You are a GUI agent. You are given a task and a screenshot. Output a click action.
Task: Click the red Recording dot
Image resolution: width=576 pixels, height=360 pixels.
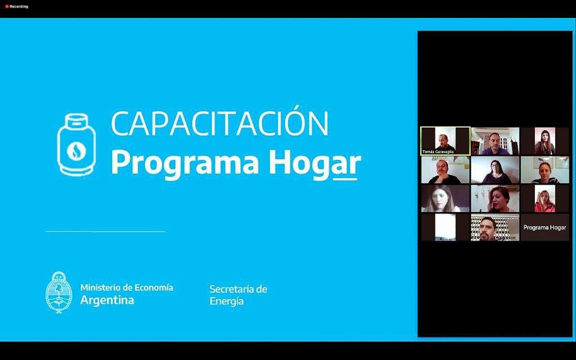point(7,6)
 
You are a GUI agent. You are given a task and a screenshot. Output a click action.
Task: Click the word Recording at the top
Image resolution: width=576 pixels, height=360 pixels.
point(19,6)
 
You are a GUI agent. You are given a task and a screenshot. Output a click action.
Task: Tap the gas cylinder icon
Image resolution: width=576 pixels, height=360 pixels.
point(76,145)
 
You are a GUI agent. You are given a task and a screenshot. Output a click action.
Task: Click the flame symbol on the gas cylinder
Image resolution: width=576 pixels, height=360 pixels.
point(76,151)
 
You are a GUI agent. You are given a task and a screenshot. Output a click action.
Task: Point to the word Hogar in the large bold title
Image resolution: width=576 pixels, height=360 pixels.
point(315,164)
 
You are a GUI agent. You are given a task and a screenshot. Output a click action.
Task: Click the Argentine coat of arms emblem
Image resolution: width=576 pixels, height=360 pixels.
point(58,292)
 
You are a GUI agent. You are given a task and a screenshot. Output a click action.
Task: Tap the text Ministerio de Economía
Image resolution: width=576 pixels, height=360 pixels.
point(127,287)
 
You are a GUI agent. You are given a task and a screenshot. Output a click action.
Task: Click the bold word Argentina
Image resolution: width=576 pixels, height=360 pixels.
point(107,300)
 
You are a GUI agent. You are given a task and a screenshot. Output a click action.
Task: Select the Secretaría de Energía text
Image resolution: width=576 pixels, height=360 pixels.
point(238,295)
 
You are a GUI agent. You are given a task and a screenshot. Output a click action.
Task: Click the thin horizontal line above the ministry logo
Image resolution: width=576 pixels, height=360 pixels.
point(105,231)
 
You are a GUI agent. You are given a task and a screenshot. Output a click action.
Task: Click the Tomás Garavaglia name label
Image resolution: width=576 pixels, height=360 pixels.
point(438,152)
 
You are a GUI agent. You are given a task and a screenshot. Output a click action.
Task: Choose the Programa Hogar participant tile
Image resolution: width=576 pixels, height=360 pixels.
point(544,227)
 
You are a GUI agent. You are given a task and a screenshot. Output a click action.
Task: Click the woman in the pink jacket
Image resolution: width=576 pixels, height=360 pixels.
point(544,199)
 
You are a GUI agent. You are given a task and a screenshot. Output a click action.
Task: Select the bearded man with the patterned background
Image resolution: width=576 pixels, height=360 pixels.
point(495,227)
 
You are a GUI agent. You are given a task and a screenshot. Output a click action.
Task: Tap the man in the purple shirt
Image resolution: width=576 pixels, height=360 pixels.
point(495,141)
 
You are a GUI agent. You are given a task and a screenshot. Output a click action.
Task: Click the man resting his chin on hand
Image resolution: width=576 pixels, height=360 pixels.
point(445,170)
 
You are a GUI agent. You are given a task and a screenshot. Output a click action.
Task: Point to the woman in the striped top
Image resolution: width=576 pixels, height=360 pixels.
point(544,170)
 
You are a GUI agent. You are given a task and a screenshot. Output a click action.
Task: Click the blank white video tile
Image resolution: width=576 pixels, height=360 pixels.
point(445,227)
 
